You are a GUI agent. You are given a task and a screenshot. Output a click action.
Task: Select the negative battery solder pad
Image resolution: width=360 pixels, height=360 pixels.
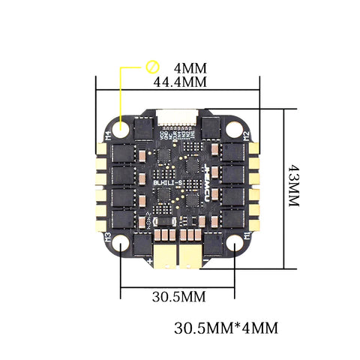click(x=193, y=256)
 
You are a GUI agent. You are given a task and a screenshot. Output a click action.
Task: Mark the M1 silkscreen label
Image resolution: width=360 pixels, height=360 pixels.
click(x=248, y=238)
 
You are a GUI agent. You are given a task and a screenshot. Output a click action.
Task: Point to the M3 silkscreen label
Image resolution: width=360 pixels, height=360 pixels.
click(x=109, y=239)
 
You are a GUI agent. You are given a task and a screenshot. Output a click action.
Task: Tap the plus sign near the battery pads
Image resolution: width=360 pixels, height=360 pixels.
click(x=149, y=260)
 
